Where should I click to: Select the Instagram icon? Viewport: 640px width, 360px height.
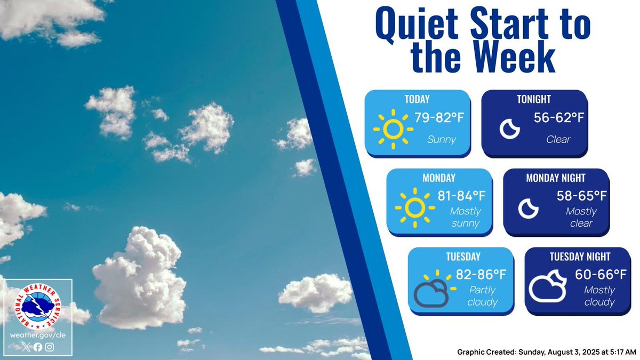[x=50, y=347]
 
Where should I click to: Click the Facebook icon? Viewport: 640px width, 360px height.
[x=38, y=347]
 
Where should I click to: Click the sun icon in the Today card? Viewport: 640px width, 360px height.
[x=393, y=128]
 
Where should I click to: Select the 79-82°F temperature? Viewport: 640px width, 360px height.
[x=433, y=118]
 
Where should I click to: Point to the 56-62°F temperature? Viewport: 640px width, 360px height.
[x=559, y=118]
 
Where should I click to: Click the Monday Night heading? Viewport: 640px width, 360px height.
[x=555, y=178]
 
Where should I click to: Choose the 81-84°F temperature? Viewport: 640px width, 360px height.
[x=461, y=196]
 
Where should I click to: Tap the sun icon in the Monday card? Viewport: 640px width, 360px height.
[x=414, y=207]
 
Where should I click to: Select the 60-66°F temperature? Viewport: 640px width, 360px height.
[x=601, y=275]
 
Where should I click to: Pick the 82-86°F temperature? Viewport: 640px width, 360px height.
[x=481, y=275]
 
